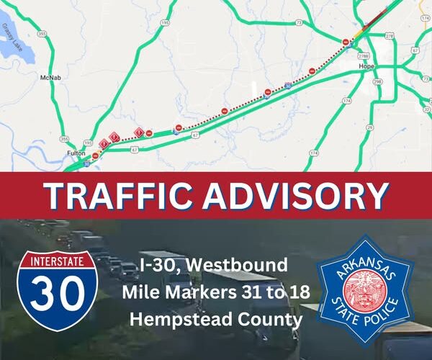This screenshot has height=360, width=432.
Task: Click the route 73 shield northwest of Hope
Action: (x=298, y=24)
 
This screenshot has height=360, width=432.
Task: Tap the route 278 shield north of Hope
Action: (x=390, y=35)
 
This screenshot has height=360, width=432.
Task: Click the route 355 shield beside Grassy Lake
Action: (x=42, y=34)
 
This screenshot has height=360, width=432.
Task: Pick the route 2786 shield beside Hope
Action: (x=364, y=55)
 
